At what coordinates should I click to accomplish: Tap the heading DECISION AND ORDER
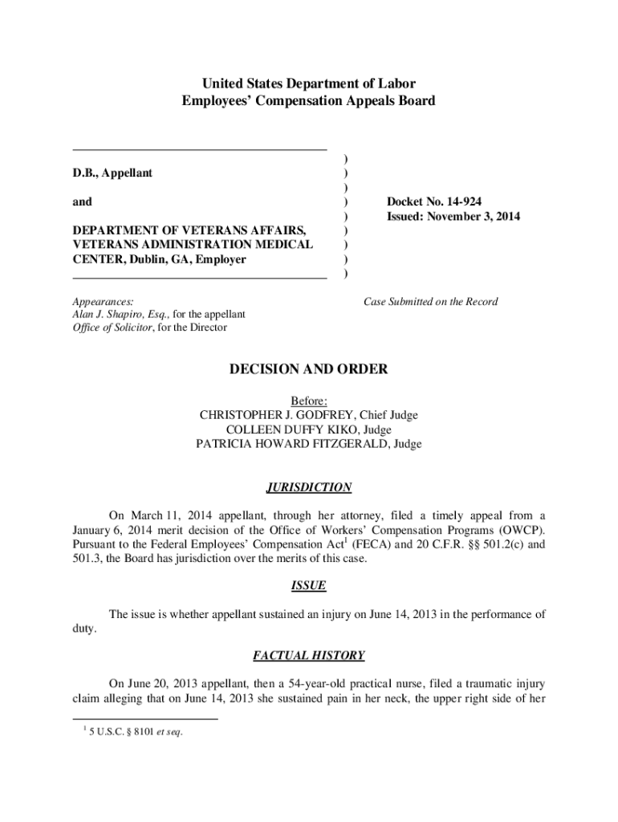[x=309, y=369]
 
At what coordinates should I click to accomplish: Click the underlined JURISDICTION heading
[x=309, y=487]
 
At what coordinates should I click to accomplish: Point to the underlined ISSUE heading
[x=309, y=586]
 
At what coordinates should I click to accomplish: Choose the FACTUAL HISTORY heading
[x=309, y=656]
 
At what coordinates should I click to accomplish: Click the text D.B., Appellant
[x=112, y=173]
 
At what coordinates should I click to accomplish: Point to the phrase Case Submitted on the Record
[x=430, y=302]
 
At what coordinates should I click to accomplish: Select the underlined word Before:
[x=309, y=401]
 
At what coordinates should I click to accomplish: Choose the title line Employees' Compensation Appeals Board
[x=309, y=101]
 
